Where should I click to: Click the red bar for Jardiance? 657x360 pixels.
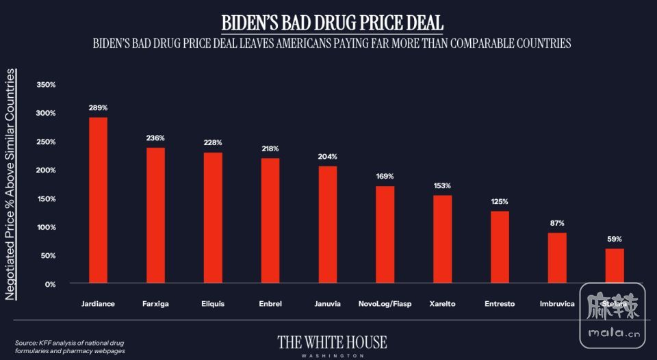click(99, 200)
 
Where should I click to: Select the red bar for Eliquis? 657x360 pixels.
click(214, 218)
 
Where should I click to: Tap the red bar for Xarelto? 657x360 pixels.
click(443, 239)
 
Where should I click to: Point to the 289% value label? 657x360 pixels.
click(98, 108)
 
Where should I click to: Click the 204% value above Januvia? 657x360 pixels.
click(328, 157)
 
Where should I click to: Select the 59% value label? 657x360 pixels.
click(615, 240)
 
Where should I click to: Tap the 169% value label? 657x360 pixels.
click(385, 177)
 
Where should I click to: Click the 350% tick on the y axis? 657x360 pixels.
click(45, 85)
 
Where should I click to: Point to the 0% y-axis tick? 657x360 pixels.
click(49, 283)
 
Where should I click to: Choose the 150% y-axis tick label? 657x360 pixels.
click(45, 198)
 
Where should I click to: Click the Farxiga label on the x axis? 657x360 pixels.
click(156, 303)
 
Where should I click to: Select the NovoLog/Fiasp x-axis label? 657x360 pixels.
click(385, 303)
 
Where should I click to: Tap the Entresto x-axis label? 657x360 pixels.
click(500, 303)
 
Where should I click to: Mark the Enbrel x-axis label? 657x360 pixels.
click(270, 303)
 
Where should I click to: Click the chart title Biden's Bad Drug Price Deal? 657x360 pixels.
click(332, 22)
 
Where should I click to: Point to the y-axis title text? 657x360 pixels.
click(12, 185)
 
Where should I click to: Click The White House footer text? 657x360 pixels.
click(332, 342)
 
